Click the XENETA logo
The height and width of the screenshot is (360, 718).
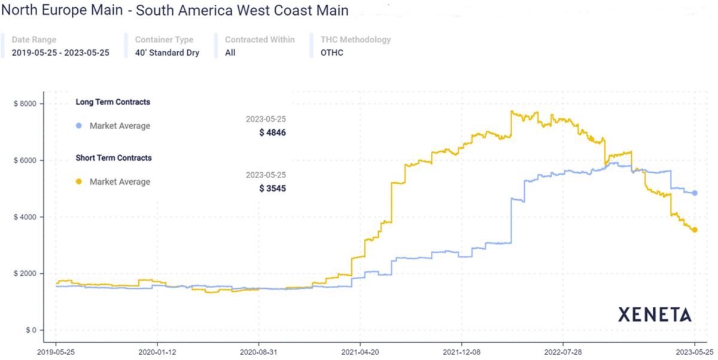(655, 315)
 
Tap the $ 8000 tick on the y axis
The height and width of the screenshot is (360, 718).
(25, 104)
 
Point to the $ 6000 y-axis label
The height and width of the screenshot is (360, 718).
(25, 160)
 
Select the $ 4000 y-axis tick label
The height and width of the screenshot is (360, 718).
(25, 217)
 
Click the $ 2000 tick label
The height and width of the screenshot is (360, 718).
(25, 273)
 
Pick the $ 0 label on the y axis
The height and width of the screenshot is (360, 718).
(29, 330)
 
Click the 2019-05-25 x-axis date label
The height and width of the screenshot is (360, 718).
(56, 352)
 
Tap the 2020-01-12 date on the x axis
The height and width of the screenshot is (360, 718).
(157, 352)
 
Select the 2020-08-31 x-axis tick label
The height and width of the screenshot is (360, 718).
(258, 352)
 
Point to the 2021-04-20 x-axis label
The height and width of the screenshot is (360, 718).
(360, 352)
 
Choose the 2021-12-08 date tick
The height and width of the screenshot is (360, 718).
(461, 352)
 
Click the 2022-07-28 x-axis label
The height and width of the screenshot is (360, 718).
(563, 352)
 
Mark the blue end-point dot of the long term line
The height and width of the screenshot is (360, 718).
(695, 193)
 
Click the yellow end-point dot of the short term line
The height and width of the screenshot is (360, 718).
(695, 230)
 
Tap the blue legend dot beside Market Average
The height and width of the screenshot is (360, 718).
(78, 126)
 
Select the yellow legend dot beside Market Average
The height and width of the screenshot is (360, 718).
(78, 182)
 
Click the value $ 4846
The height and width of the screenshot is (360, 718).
(272, 133)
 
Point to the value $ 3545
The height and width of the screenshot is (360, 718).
(272, 188)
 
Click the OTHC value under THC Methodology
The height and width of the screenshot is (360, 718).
(332, 53)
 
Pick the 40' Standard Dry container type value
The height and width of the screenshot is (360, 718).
(167, 53)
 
